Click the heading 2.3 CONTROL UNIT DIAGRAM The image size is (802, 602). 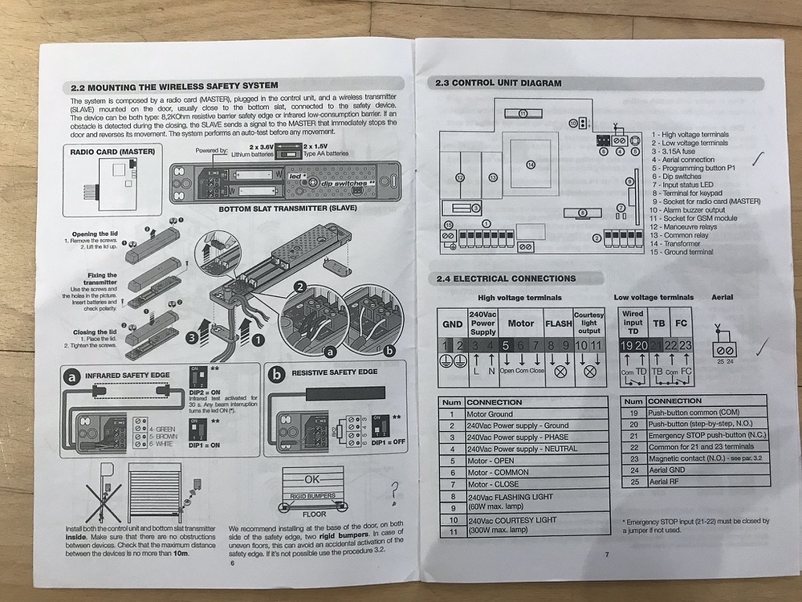pos(498,83)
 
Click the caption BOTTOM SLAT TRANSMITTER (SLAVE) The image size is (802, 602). pos(287,209)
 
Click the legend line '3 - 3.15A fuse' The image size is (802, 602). pos(678,151)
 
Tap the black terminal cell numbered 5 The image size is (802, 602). pos(505,344)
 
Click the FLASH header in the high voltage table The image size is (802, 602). pos(558,323)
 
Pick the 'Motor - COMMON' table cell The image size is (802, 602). pos(499,472)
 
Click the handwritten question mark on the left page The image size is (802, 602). pos(393,490)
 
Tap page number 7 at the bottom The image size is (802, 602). pos(607,554)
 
